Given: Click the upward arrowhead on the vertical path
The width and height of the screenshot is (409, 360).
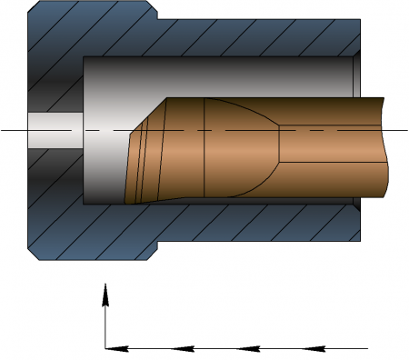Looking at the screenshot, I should pos(105,293).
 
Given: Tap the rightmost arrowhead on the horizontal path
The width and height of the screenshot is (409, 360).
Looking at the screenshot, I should pos(314,347).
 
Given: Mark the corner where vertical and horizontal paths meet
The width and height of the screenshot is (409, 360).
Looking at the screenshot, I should pos(105,347).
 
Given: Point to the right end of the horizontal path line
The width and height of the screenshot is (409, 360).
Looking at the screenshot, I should pos(367,347).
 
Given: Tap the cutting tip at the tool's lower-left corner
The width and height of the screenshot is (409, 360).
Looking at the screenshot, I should pos(129,202).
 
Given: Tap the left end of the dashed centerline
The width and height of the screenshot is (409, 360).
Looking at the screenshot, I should pos(3,130).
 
